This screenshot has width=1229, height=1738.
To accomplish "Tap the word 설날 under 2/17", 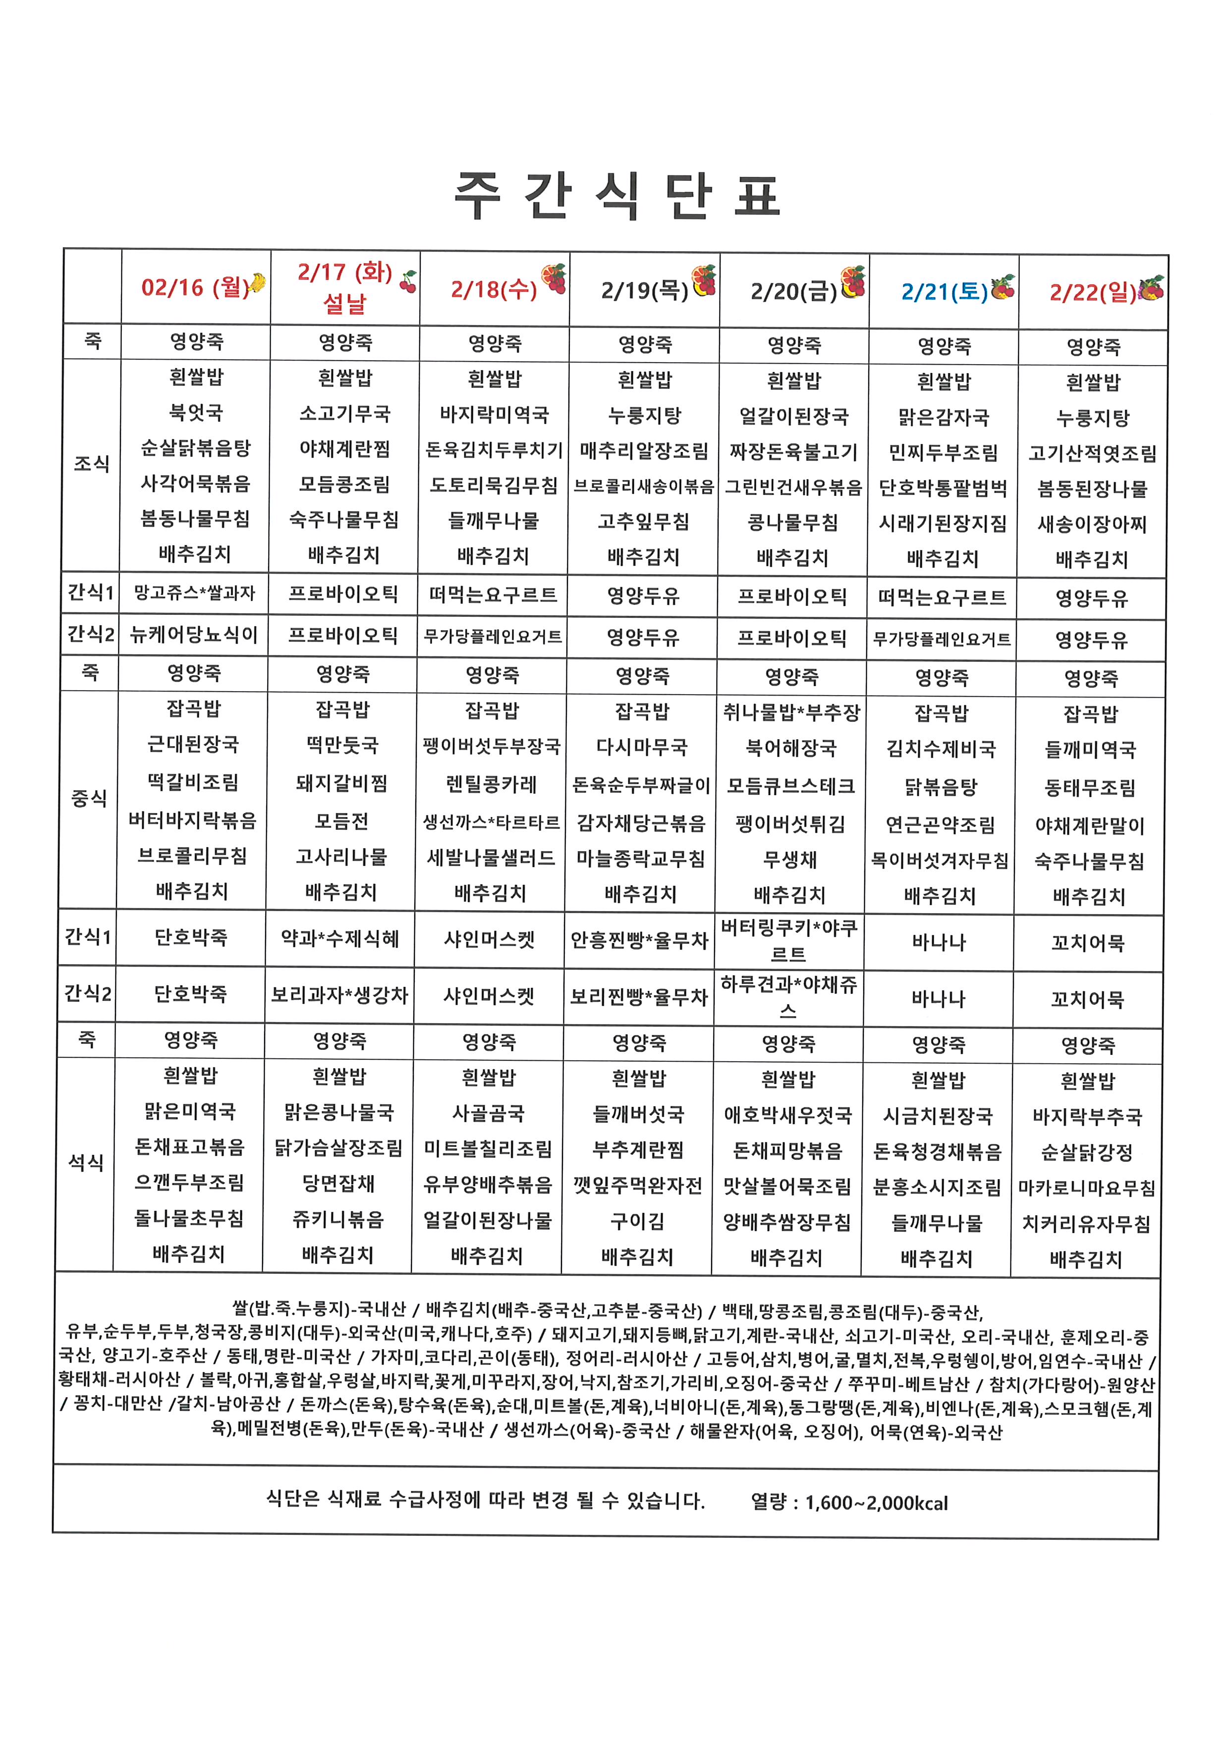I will tap(344, 304).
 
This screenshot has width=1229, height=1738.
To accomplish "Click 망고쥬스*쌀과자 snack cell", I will tap(195, 593).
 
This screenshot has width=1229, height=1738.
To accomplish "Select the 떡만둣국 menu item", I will tap(342, 745).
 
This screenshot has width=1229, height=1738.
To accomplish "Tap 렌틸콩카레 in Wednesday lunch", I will tap(492, 783).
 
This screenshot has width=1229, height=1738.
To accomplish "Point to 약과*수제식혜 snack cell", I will tap(340, 939).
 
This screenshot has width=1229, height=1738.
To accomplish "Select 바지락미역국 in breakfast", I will tap(495, 414).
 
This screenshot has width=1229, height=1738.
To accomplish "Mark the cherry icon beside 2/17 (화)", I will tap(408, 281).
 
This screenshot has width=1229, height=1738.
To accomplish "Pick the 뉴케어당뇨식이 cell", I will tap(194, 634).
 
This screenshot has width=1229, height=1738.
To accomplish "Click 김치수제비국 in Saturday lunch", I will tap(941, 749).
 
